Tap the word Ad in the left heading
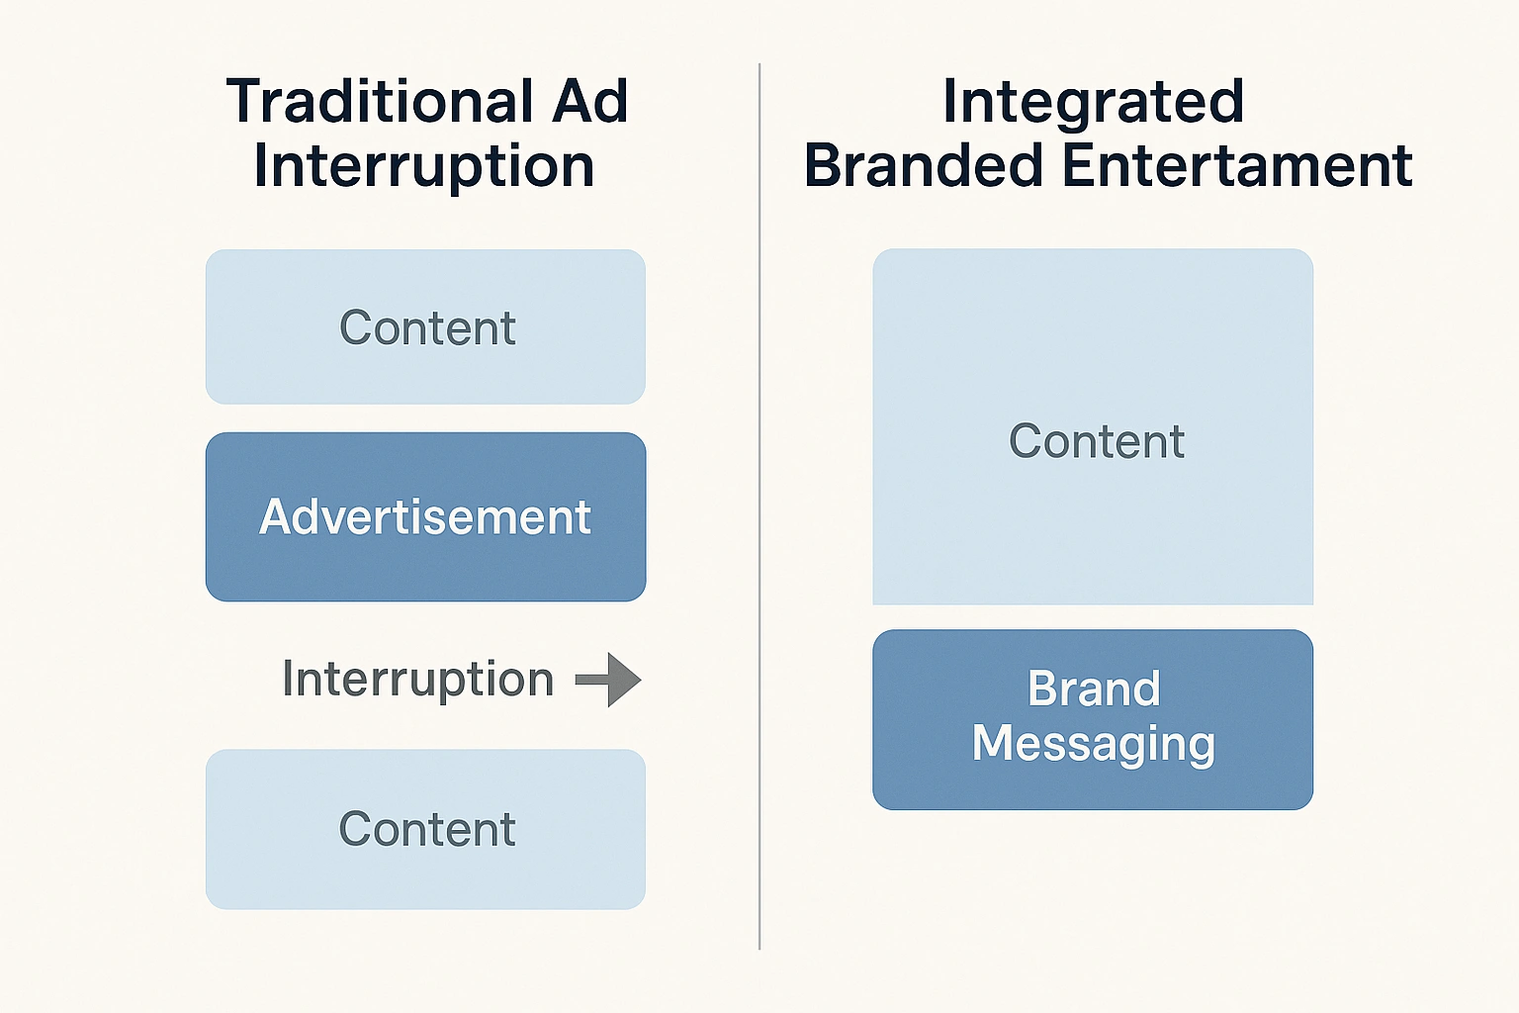pos(590,101)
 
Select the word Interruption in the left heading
pos(424,165)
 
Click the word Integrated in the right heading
pos(1093,101)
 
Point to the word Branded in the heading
pos(924,165)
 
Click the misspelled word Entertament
pos(1237,165)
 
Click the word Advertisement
pos(425,517)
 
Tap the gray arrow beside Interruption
pos(609,680)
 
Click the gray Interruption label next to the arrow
pos(417,680)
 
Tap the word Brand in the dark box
pos(1094,689)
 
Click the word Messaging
pos(1094,744)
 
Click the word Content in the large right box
pos(1097,441)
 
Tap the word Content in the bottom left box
pos(427,829)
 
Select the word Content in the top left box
pos(427,327)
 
